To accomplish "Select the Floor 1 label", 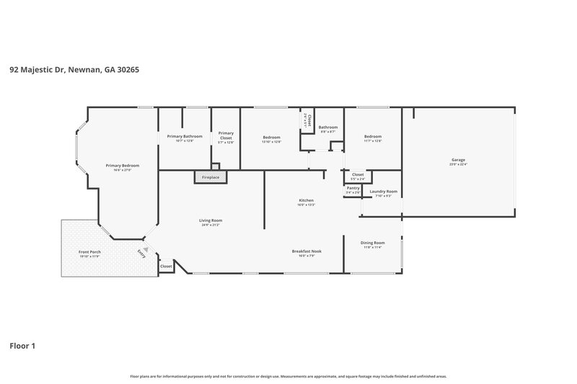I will point(22,346).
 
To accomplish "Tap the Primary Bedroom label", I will point(122,166).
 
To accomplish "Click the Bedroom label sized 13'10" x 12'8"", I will point(271,138).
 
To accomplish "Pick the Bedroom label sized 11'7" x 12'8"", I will point(373,138).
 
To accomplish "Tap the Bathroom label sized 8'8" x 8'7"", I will point(328,129).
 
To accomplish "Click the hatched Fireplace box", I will point(210,177).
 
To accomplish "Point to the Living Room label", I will point(211,221).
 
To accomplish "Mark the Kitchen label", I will point(307,202).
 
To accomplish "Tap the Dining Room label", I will point(373,244).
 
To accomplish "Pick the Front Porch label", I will point(89,253).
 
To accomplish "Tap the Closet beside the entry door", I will point(166,267).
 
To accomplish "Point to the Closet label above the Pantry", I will point(358,175).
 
